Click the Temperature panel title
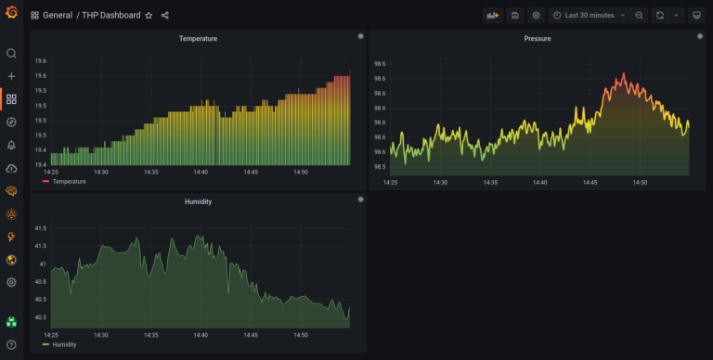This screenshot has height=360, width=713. pyautogui.click(x=199, y=39)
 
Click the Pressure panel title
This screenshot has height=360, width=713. pyautogui.click(x=537, y=39)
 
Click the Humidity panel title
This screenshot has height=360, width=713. pyautogui.click(x=199, y=201)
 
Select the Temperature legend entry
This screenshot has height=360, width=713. pyautogui.click(x=69, y=182)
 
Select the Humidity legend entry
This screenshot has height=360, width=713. pyautogui.click(x=65, y=344)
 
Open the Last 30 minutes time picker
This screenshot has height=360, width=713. pyautogui.click(x=590, y=15)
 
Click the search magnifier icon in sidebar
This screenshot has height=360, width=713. pyautogui.click(x=11, y=54)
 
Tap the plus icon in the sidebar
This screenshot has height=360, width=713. pyautogui.click(x=11, y=76)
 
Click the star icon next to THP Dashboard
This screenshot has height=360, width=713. pyautogui.click(x=149, y=16)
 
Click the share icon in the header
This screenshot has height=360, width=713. pyautogui.click(x=165, y=16)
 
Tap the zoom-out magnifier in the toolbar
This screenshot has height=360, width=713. pyautogui.click(x=640, y=15)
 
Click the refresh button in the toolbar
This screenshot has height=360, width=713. pyautogui.click(x=660, y=15)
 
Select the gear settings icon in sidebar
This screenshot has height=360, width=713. pyautogui.click(x=11, y=282)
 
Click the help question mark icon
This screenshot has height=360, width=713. pyautogui.click(x=11, y=345)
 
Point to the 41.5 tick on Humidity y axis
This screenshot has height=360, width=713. pyautogui.click(x=40, y=227)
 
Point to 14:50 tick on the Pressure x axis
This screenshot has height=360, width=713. pyautogui.click(x=640, y=183)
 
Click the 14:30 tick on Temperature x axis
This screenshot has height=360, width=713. pyautogui.click(x=100, y=172)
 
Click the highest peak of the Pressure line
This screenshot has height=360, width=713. pyautogui.click(x=623, y=73)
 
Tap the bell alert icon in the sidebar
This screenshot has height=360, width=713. pyautogui.click(x=11, y=145)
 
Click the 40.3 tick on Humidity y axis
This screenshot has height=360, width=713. pyautogui.click(x=40, y=316)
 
